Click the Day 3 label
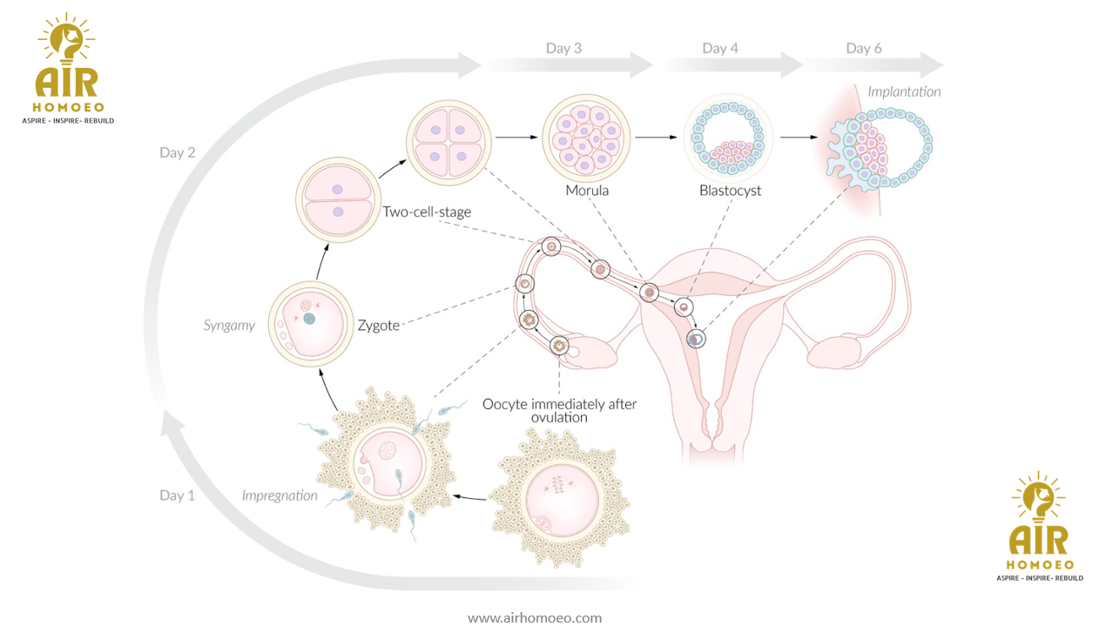tap(563, 49)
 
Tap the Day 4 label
tap(720, 49)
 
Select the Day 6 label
tap(864, 49)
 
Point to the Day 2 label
tap(178, 152)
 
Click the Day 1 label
tap(178, 495)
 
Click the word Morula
tap(587, 191)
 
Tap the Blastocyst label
tap(730, 191)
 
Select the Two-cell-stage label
tap(427, 212)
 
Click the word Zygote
tap(379, 326)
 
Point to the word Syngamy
tap(230, 326)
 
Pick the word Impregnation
tap(280, 495)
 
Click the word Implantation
tap(904, 91)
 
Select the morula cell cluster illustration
tap(586, 137)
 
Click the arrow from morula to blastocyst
tap(655, 137)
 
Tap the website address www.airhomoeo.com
tap(535, 618)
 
